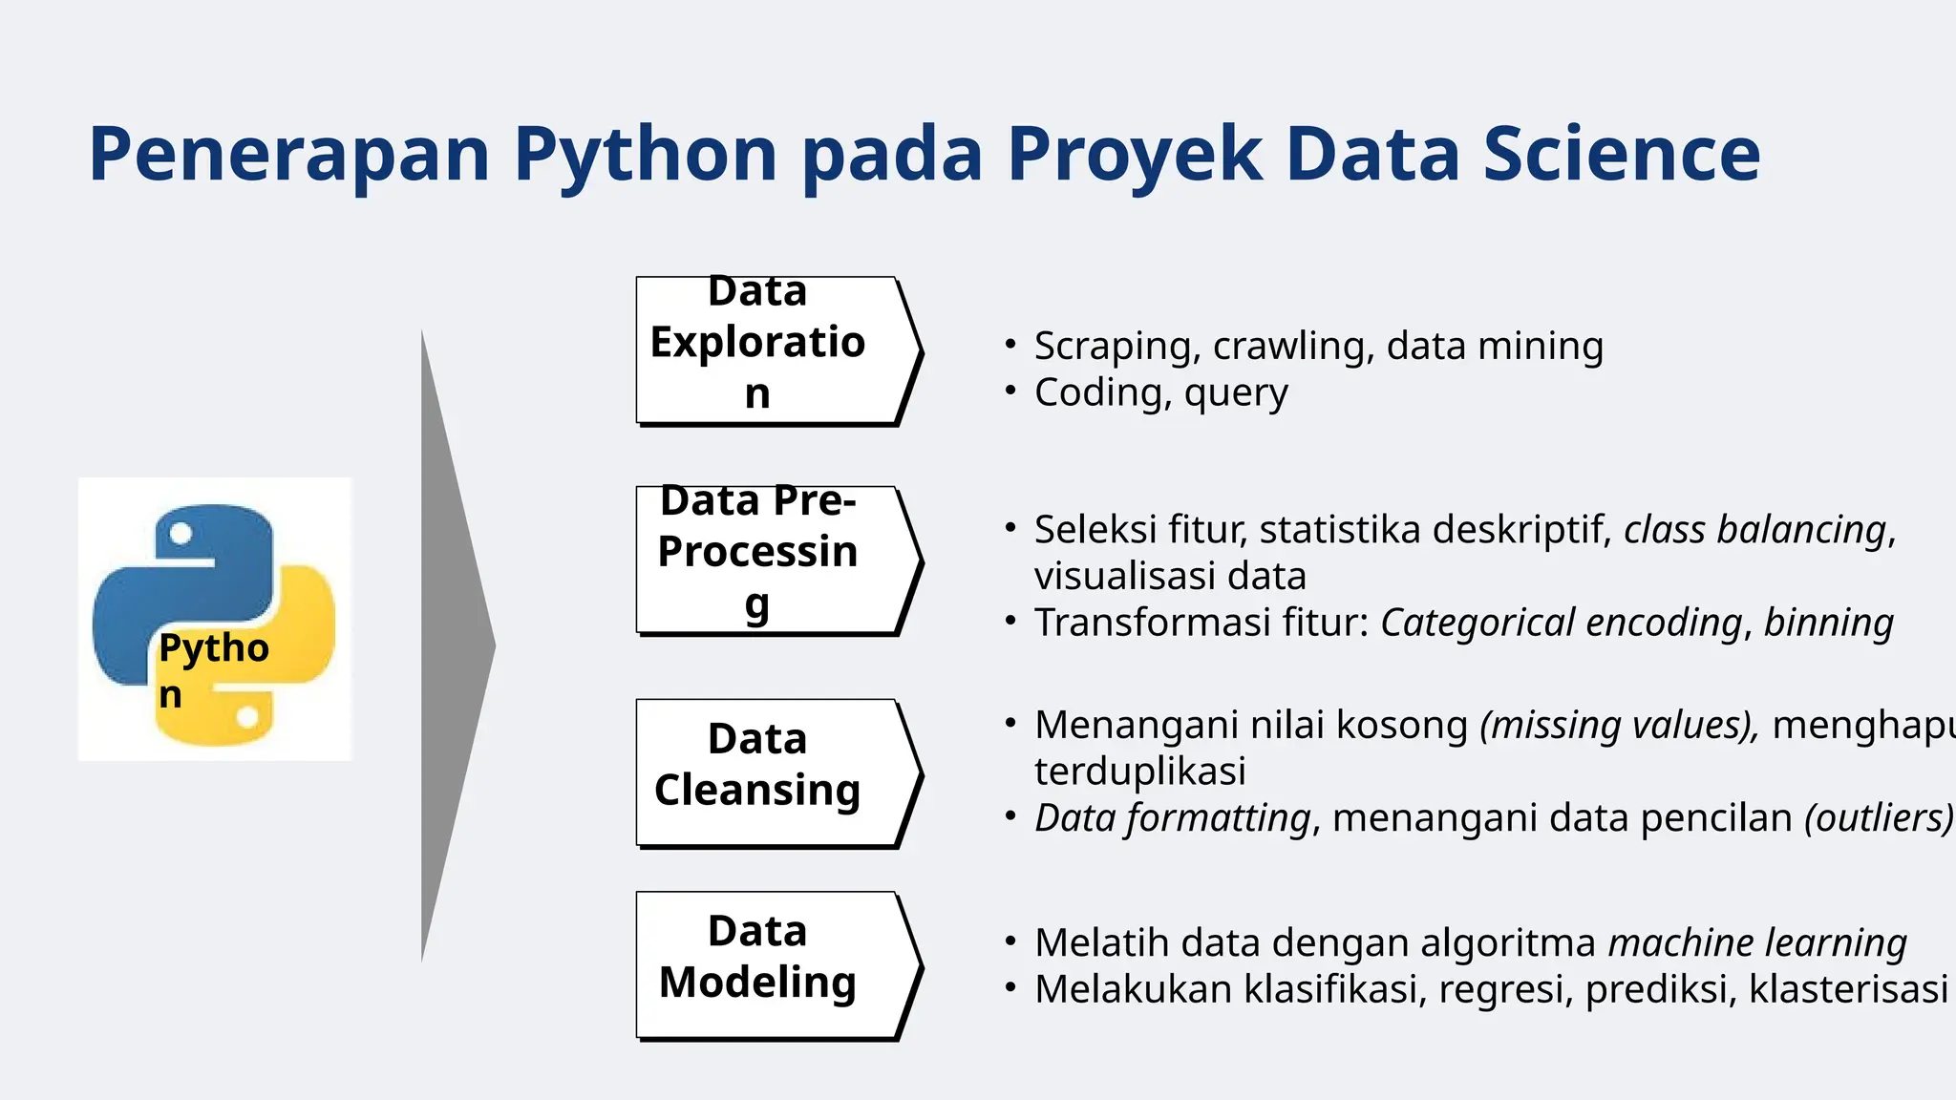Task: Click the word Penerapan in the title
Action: pos(288,155)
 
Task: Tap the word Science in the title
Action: pos(1621,155)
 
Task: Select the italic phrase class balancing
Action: pos(1754,530)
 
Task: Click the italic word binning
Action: pos(1828,623)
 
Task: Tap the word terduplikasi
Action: pos(1139,772)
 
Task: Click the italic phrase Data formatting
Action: pos(1172,818)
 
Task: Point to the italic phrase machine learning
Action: pos(1757,943)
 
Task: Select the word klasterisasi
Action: pos(1848,989)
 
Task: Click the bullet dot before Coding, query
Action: pos(1010,391)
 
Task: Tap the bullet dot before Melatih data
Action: pos(1010,941)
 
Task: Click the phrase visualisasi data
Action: pos(1169,577)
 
